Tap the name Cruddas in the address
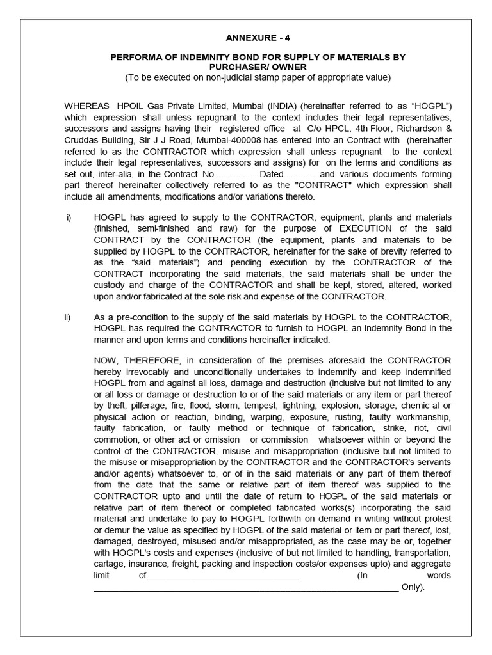(x=85, y=140)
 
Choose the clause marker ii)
(x=69, y=317)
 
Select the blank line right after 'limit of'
(x=222, y=575)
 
